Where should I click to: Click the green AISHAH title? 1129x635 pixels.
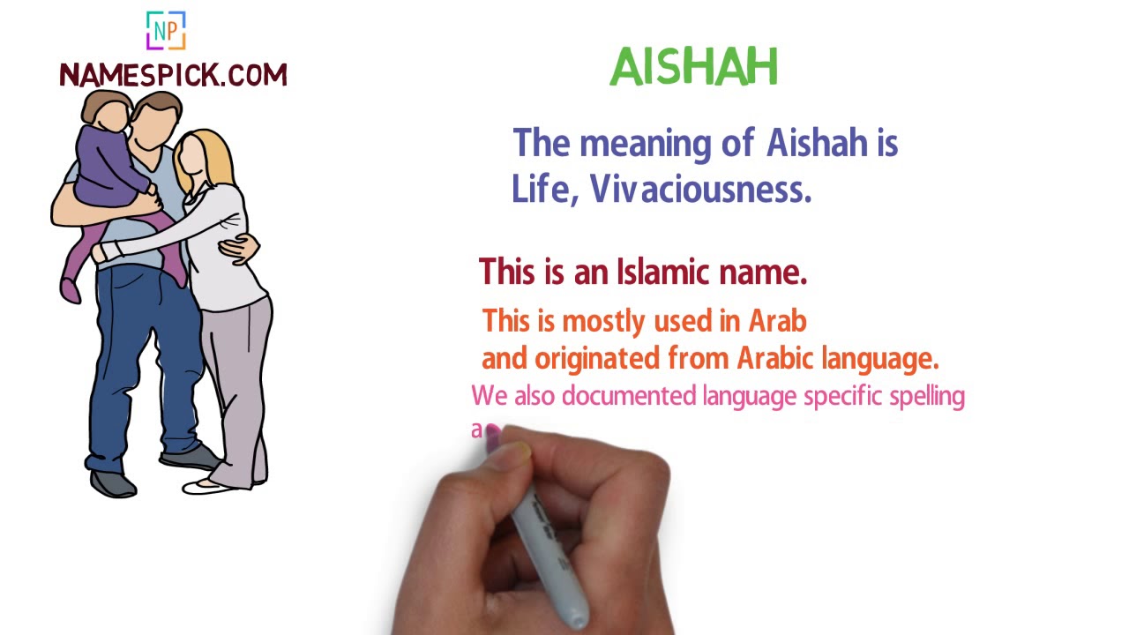(x=693, y=67)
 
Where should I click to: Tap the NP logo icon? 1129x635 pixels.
(x=166, y=31)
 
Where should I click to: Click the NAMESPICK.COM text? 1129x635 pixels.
(x=173, y=76)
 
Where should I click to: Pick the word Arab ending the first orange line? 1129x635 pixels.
(x=777, y=321)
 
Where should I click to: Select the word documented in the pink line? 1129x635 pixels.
(x=629, y=397)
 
